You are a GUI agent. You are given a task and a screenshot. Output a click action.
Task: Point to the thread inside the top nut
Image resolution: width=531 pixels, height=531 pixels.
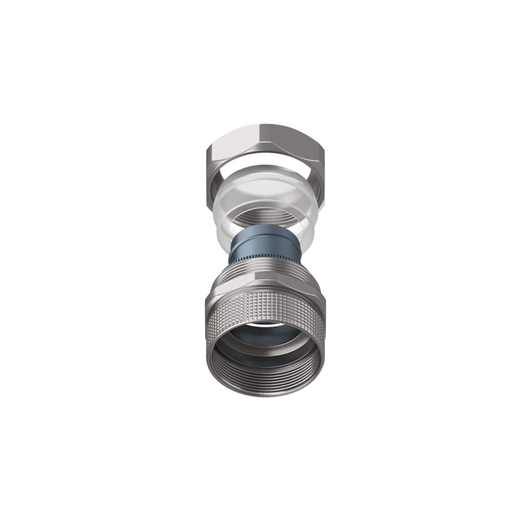click(x=265, y=216)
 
